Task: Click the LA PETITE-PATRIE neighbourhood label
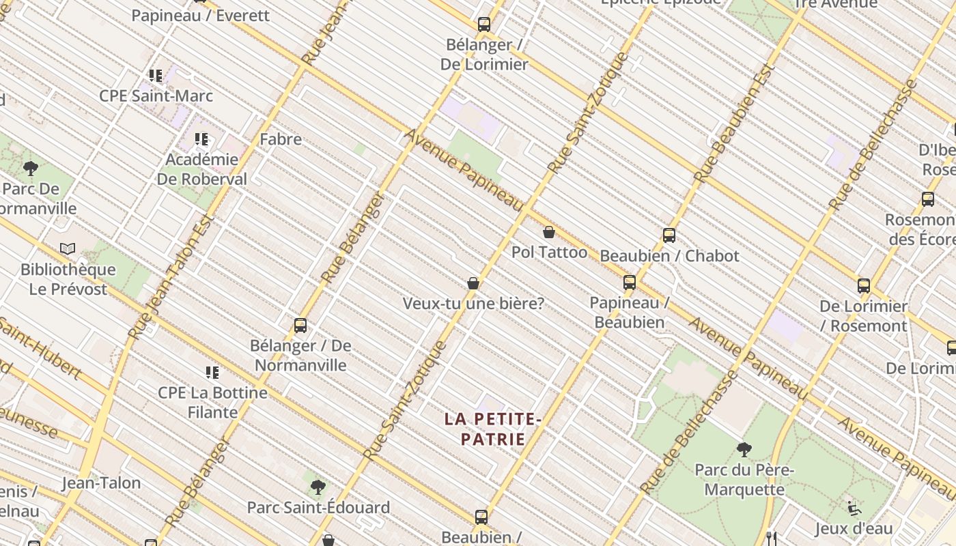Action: (x=492, y=429)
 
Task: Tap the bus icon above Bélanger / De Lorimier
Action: (x=484, y=25)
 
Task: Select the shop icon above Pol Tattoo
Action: (x=548, y=232)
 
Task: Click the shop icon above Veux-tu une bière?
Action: (x=473, y=283)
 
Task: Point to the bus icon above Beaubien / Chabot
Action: (x=669, y=235)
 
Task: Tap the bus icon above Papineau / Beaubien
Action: (x=629, y=282)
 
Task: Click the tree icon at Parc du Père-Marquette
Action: (x=744, y=450)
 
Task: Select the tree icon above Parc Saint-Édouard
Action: (x=318, y=487)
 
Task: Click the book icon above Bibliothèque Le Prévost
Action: (x=68, y=249)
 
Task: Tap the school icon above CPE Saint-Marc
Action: (x=156, y=75)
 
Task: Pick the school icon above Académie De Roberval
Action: (x=201, y=139)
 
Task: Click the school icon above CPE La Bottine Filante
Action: (x=212, y=373)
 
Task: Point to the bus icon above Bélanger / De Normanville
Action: (x=300, y=326)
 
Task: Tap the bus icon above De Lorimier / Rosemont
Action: (x=864, y=286)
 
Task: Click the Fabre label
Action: (x=281, y=139)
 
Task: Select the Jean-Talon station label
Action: (x=101, y=483)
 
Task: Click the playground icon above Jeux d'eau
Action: (x=854, y=508)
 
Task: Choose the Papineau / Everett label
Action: (x=201, y=15)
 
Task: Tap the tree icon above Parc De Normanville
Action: (x=30, y=168)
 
